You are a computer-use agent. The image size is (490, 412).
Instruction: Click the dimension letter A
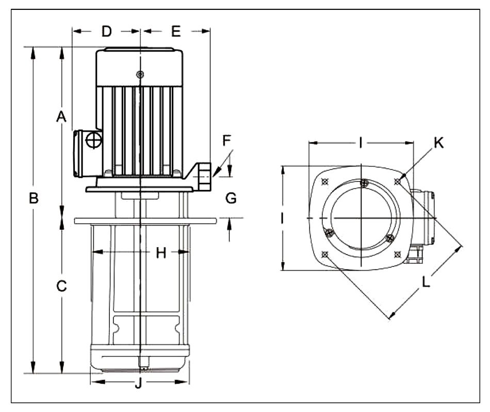click(61, 117)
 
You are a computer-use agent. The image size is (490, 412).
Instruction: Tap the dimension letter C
click(62, 286)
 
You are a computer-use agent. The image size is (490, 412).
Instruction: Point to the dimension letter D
click(106, 31)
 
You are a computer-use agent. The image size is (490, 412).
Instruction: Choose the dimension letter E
click(176, 31)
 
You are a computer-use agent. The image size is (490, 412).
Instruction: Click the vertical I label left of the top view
click(283, 218)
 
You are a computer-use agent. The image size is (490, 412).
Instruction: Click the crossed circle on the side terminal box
click(93, 139)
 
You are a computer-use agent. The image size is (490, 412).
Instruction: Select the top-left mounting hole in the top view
click(324, 181)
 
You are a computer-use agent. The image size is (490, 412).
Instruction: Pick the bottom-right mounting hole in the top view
click(397, 253)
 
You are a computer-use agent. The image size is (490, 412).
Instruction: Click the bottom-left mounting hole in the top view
click(324, 253)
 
